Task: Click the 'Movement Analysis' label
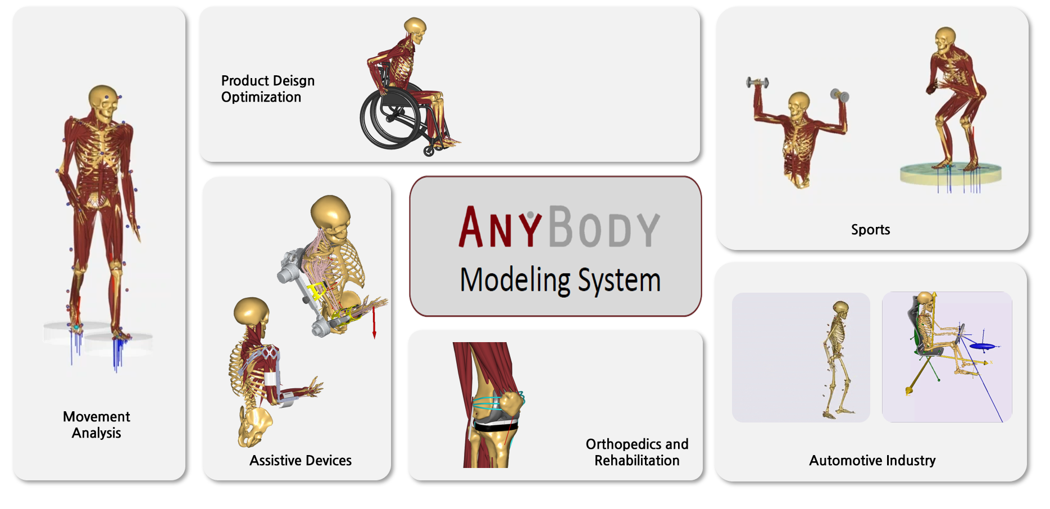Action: coord(96,425)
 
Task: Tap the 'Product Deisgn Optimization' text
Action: coord(267,89)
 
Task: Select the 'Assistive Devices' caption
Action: coord(301,461)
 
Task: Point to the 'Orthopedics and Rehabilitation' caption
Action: coord(637,452)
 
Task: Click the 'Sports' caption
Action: coord(870,230)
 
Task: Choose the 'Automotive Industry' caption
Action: coord(872,461)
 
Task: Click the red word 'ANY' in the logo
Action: coord(499,228)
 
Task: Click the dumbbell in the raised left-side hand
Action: coord(757,83)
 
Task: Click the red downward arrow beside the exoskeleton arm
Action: coord(374,323)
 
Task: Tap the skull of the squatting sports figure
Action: coord(945,39)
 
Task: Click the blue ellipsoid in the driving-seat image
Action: coord(983,346)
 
